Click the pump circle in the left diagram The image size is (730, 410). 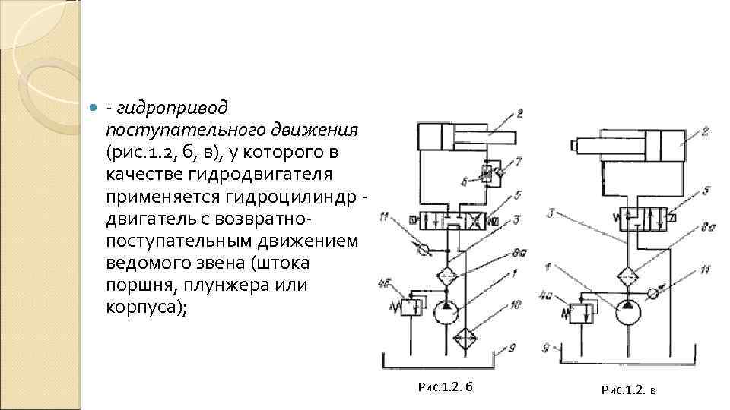(445, 311)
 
